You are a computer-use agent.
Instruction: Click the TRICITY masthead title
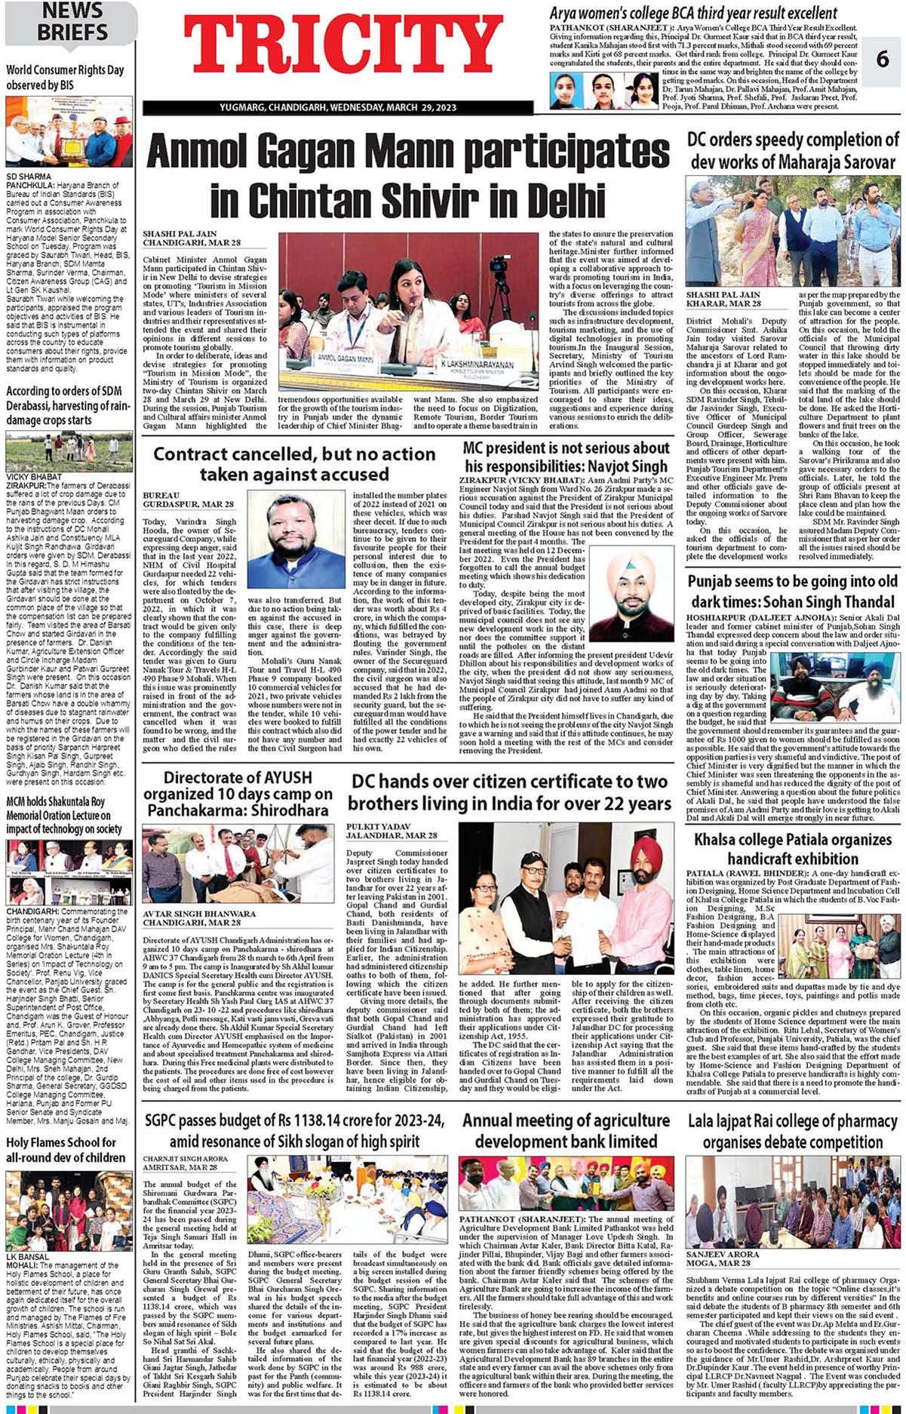click(x=343, y=48)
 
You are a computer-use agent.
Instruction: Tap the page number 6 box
click(x=882, y=58)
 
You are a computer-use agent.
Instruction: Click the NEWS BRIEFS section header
click(x=72, y=22)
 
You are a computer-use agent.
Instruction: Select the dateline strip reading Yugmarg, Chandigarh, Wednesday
click(x=337, y=108)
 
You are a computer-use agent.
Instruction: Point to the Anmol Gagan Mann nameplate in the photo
click(x=346, y=358)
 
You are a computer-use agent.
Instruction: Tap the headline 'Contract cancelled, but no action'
click(x=294, y=464)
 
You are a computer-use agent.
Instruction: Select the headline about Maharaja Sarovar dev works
click(x=793, y=150)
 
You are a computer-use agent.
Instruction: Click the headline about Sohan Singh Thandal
click(x=793, y=592)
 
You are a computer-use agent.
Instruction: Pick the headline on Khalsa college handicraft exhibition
click(x=793, y=849)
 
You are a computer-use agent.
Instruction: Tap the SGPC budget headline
click(x=294, y=1130)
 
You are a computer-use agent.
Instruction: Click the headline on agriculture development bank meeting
click(x=566, y=1130)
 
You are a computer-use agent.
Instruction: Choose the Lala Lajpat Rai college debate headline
click(x=793, y=1130)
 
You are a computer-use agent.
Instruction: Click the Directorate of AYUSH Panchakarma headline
click(x=238, y=793)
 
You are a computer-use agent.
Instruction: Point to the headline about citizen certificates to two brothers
click(x=509, y=792)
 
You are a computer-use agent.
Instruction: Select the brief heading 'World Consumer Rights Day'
click(x=65, y=78)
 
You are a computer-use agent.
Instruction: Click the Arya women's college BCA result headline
click(x=693, y=14)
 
